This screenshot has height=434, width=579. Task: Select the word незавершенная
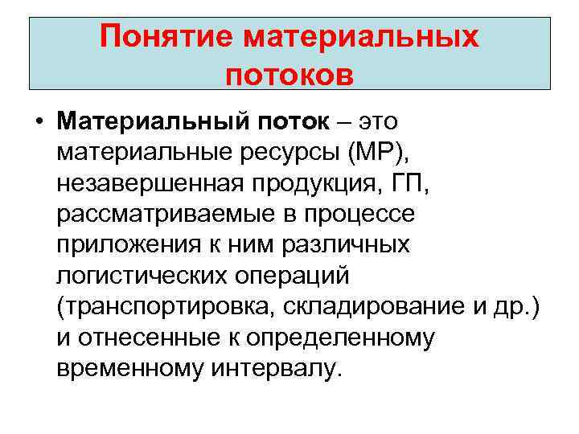tap(144, 184)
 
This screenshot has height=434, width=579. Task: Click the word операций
tap(292, 276)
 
